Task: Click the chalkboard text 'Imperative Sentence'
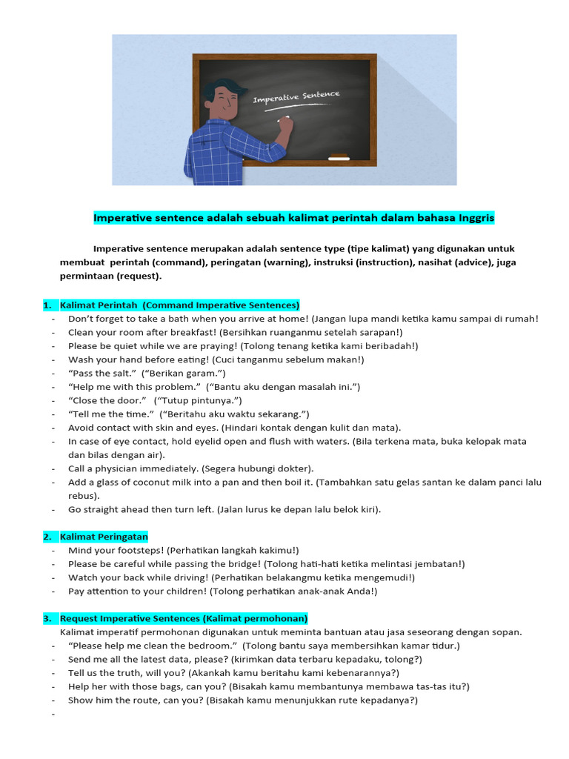(x=296, y=97)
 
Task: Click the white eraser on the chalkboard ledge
(x=339, y=157)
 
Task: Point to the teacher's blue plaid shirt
(x=222, y=152)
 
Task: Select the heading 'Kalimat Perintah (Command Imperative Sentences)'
(x=179, y=305)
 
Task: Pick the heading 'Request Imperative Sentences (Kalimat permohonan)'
(x=184, y=618)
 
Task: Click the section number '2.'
(x=47, y=536)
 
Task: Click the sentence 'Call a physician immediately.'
(x=129, y=468)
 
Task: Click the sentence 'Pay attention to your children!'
(x=137, y=591)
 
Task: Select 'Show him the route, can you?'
(x=135, y=700)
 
